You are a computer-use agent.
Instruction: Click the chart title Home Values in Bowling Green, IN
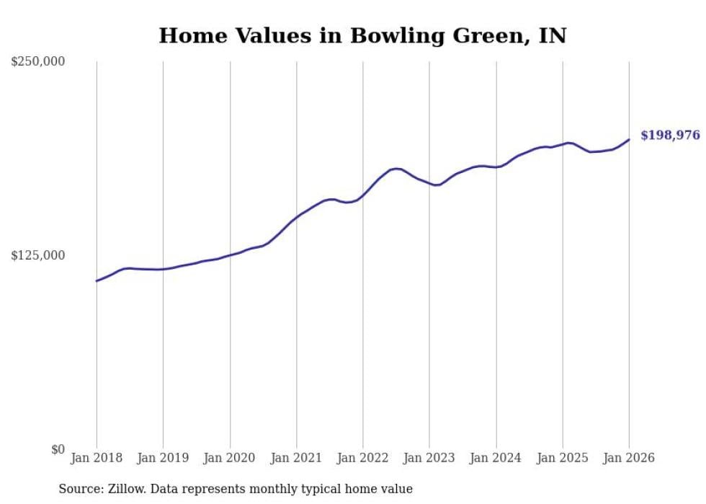(362, 35)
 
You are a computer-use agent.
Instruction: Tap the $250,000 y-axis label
(38, 62)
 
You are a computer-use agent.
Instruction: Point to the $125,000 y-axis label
(38, 256)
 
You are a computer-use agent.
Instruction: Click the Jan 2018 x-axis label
(97, 458)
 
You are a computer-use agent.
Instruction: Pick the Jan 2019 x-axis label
(163, 458)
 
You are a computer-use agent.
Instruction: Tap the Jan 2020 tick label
(230, 458)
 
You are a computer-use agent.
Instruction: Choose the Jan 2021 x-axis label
(296, 458)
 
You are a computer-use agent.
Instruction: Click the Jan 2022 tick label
(363, 458)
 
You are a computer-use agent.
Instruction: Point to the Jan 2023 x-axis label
(429, 458)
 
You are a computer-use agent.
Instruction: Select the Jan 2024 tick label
(496, 458)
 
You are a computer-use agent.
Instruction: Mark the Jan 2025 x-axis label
(563, 458)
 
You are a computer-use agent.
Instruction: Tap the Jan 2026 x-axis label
(629, 458)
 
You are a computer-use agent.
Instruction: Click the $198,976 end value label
(670, 136)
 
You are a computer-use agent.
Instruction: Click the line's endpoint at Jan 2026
(629, 140)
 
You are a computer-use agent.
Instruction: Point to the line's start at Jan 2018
(97, 280)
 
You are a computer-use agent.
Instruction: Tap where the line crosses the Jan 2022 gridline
(363, 195)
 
